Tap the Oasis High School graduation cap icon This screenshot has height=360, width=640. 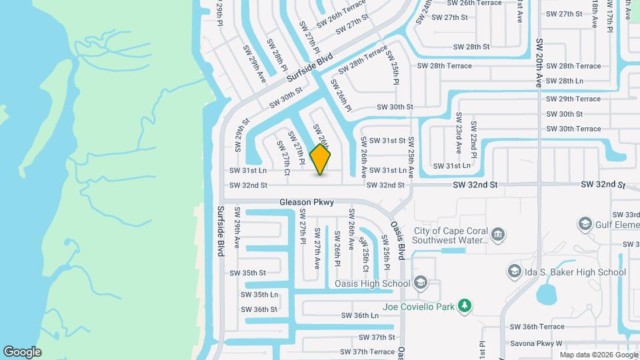point(420,283)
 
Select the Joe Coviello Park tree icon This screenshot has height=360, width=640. point(465,307)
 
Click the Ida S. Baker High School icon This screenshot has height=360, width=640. point(514,272)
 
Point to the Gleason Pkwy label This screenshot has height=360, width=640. point(306,201)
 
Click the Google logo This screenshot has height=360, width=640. point(22,352)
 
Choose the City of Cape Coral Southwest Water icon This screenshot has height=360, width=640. point(498,234)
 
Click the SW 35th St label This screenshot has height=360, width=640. point(247,273)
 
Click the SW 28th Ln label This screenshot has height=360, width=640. point(564,81)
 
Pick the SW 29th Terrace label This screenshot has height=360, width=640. point(573,99)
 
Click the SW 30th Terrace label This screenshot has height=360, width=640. point(573,129)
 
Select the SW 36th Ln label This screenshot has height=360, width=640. point(359,315)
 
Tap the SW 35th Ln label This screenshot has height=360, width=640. point(259,294)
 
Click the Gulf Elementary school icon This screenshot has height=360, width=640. point(585,223)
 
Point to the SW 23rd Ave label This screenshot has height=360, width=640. point(459,137)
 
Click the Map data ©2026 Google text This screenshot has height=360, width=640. point(598,354)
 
